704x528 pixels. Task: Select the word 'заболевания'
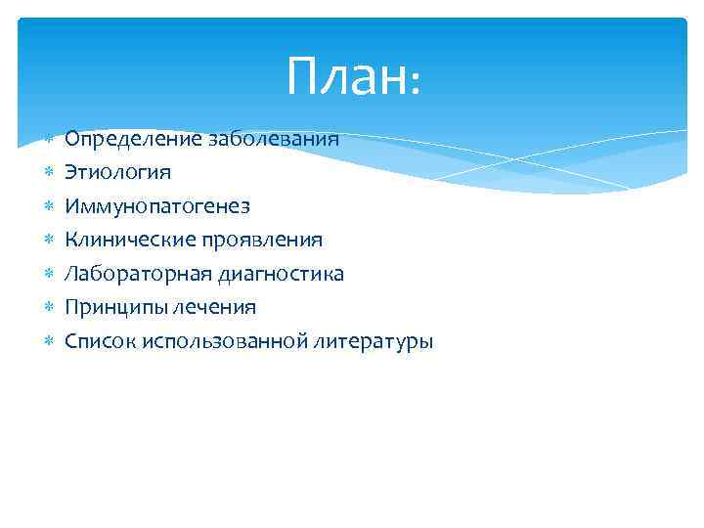tap(274, 139)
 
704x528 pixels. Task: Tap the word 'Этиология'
tap(105, 172)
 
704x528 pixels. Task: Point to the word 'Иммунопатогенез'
tap(157, 206)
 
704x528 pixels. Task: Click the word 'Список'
tap(100, 341)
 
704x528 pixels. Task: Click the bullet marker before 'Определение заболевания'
tap(48, 139)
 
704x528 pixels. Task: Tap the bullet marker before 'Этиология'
tap(48, 173)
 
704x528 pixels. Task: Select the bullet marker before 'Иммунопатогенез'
tap(48, 206)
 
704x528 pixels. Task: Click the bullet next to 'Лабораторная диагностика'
tap(48, 274)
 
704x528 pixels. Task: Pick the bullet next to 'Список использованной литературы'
tap(48, 342)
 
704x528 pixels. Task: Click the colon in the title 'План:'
tap(415, 83)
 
